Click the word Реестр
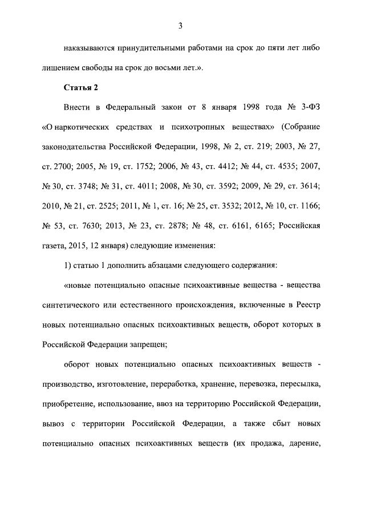click(310, 305)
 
